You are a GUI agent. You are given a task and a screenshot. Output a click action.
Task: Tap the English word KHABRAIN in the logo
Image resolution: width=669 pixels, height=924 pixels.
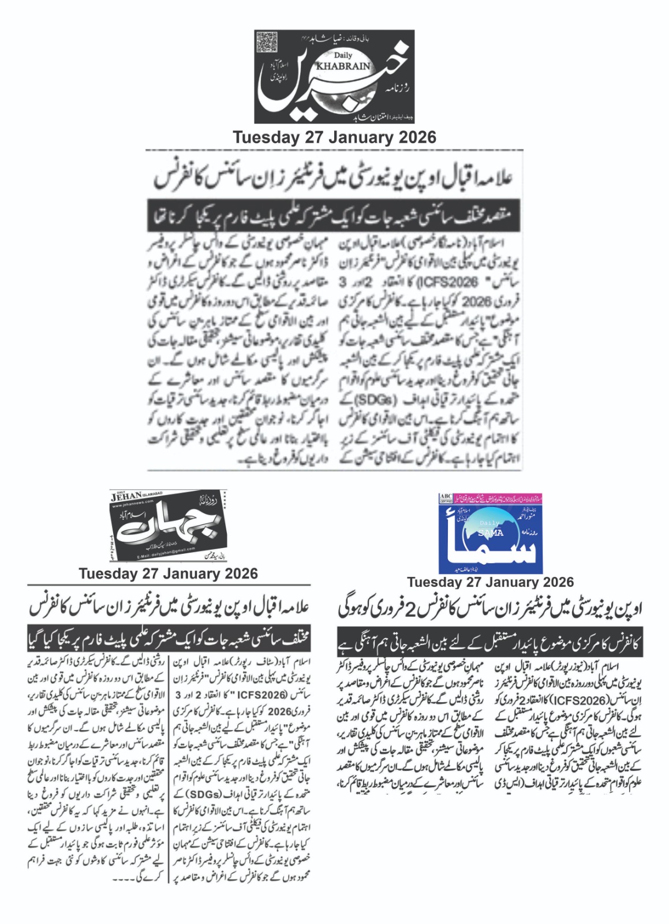(x=351, y=66)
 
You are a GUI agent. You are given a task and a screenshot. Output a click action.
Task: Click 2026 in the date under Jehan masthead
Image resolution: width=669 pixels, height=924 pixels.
(x=237, y=573)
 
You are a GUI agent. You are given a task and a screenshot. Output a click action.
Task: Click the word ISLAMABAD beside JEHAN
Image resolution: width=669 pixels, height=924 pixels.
(x=150, y=492)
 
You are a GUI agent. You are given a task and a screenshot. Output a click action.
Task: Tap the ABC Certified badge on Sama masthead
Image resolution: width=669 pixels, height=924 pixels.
(x=446, y=498)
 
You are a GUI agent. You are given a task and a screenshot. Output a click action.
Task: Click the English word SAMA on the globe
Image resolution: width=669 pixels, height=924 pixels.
(x=491, y=532)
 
